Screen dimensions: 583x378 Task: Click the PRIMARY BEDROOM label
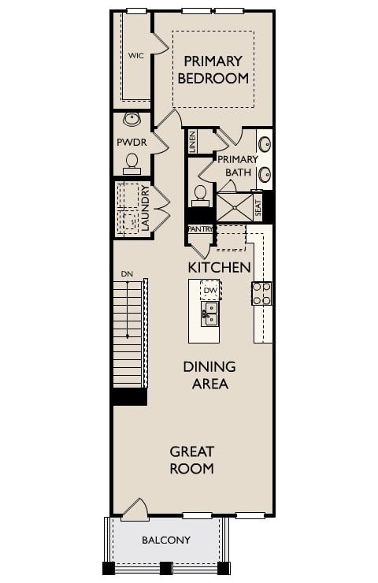213,69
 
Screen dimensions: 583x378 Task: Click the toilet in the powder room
132,162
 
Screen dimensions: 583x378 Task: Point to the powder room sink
132,120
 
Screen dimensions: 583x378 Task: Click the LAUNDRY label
145,208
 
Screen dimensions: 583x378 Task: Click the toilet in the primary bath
200,193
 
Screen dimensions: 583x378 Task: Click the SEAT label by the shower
258,207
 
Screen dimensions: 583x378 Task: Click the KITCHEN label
219,267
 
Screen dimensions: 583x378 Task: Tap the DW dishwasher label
209,291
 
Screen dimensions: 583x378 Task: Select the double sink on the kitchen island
209,313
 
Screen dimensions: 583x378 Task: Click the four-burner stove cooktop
261,294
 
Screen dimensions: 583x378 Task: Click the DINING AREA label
209,375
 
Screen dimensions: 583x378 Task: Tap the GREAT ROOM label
192,460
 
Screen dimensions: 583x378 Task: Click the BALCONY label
166,540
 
